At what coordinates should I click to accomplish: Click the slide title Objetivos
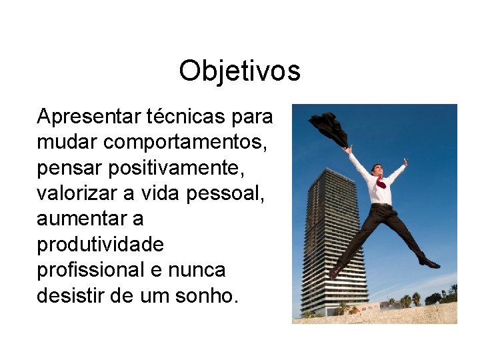239,71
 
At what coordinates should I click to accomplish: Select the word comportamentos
177,143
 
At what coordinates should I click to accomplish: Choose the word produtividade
100,245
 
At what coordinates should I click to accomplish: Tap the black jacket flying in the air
328,128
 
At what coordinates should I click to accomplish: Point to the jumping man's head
378,169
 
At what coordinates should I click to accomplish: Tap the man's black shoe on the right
429,263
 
